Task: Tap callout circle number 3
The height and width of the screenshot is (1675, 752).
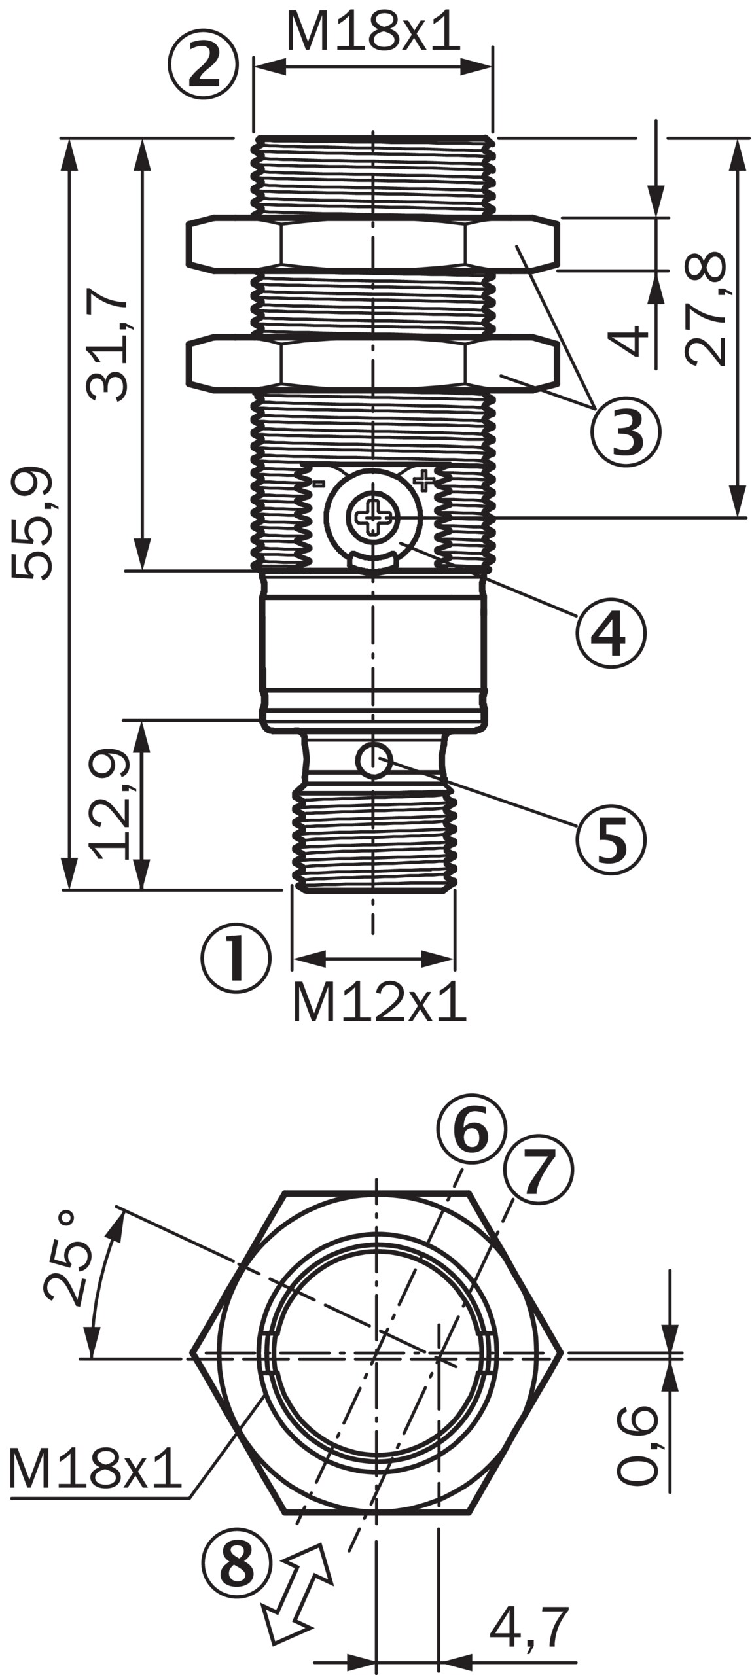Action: [x=626, y=432]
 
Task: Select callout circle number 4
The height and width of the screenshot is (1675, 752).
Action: [x=611, y=633]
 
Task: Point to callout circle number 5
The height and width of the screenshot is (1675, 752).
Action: [x=611, y=839]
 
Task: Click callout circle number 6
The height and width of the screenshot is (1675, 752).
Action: [x=471, y=1130]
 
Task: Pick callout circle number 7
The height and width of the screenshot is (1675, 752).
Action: [x=538, y=1169]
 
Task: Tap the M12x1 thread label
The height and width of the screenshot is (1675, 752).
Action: [x=378, y=1002]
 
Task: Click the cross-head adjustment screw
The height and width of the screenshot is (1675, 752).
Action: [x=373, y=518]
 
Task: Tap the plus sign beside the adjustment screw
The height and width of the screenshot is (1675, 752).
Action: [x=424, y=481]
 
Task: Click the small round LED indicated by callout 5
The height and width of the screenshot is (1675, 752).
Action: [x=374, y=760]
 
